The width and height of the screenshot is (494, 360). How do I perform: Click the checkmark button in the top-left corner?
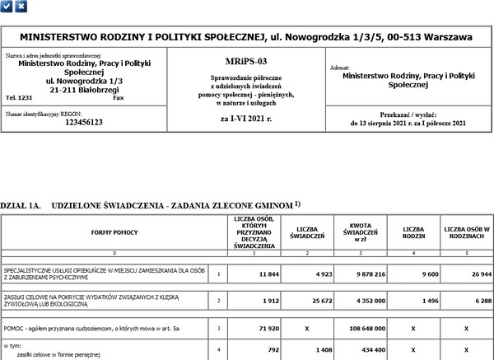coord(7,6)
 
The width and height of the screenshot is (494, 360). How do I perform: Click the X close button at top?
coord(21,6)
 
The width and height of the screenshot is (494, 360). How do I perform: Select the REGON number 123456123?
coord(72,122)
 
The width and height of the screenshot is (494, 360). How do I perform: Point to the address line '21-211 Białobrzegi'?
coord(73,89)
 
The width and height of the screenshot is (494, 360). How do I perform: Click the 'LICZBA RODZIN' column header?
coord(413,232)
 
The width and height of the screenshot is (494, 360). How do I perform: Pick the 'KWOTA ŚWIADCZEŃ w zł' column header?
coord(357,232)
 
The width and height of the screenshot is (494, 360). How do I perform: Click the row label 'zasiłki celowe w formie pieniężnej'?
coord(58,353)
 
